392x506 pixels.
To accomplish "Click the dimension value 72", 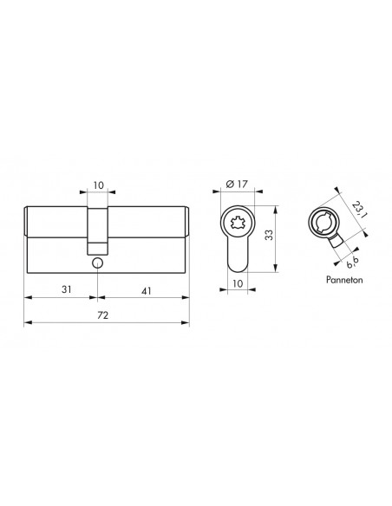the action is click(x=102, y=315).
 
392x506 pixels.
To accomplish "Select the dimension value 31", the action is click(x=67, y=289).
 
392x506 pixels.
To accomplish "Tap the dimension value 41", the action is click(x=147, y=291).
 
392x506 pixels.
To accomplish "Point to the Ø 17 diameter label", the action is click(x=237, y=184).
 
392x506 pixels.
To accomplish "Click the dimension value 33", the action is click(x=269, y=235).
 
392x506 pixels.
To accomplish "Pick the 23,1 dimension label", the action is click(x=358, y=210).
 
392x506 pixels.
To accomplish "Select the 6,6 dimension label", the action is click(x=353, y=263).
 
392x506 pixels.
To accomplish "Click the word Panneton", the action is click(x=344, y=280).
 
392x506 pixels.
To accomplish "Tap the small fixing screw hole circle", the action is click(x=97, y=263).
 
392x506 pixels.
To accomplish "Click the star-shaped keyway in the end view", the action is click(x=238, y=223).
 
